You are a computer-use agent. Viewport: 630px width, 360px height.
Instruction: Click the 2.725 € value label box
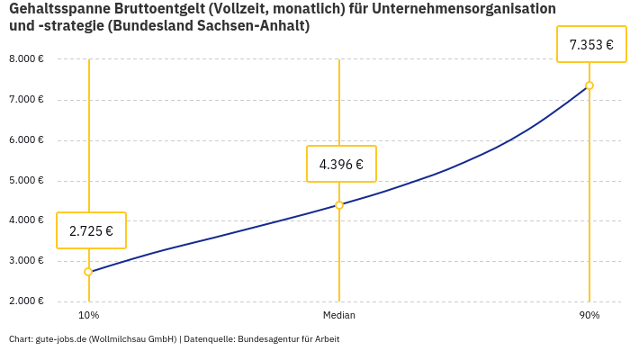91,230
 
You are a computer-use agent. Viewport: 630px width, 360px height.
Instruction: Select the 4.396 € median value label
341,164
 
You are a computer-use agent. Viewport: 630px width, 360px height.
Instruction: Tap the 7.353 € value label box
591,44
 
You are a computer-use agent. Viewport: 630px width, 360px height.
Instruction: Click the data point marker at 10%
88,272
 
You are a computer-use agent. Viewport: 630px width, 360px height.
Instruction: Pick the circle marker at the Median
339,205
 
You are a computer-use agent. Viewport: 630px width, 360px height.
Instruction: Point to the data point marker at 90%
589,85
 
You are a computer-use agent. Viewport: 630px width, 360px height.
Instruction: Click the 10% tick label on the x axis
88,315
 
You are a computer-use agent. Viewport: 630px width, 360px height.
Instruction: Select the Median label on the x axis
339,315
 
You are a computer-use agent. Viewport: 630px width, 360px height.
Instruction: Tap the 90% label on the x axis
589,315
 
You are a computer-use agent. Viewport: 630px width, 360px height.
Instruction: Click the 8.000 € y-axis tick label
26,59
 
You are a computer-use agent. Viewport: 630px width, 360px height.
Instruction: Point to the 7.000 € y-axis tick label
26,100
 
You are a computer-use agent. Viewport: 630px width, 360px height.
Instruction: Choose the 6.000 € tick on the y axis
26,140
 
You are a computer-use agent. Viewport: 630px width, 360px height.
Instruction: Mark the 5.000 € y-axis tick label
26,180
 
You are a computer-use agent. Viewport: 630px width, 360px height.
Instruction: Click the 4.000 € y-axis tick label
26,220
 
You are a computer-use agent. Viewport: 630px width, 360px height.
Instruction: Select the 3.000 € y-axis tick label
26,261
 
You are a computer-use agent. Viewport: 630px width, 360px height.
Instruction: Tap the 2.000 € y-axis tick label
26,301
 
